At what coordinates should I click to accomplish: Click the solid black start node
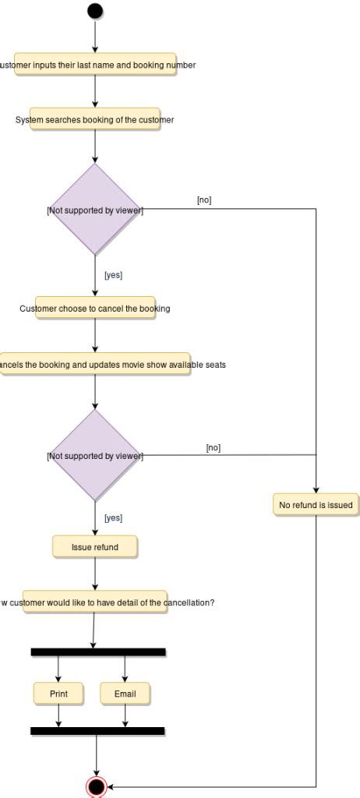click(x=95, y=11)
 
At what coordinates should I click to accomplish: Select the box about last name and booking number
click(x=94, y=65)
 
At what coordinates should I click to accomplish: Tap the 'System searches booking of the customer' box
click(x=95, y=120)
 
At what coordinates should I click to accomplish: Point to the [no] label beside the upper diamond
click(x=204, y=200)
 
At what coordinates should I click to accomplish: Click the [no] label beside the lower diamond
click(x=214, y=447)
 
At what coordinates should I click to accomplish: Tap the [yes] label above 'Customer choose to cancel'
click(x=113, y=275)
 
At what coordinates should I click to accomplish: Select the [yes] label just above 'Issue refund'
click(x=113, y=517)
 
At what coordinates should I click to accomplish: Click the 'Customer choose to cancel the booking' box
click(x=95, y=309)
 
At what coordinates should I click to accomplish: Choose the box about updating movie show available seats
click(x=95, y=365)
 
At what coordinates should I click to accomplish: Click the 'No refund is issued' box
click(x=316, y=505)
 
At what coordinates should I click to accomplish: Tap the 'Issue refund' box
click(x=95, y=547)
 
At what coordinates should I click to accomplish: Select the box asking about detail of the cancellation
click(x=95, y=602)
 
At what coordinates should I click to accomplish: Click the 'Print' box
click(x=58, y=694)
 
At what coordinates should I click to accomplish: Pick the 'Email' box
click(x=125, y=694)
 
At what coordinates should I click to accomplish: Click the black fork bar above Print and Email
click(x=98, y=651)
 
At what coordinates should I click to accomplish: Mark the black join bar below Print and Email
click(x=97, y=731)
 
